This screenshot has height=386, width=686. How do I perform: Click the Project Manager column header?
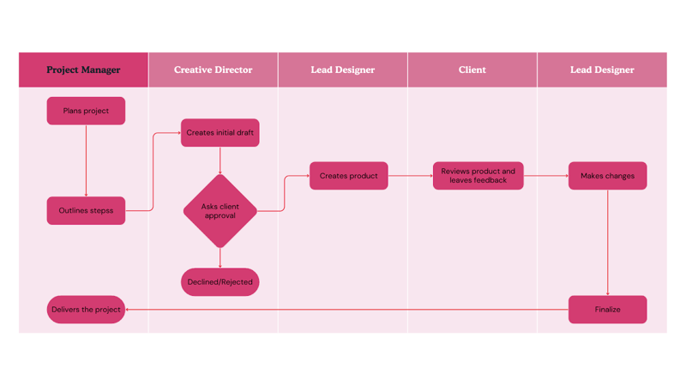coord(83,69)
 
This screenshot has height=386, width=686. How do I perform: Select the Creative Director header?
coord(213,69)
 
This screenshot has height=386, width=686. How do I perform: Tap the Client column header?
coord(472,69)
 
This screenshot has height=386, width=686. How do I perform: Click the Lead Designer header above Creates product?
coord(342,69)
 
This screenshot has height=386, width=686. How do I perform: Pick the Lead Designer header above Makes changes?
coord(602,69)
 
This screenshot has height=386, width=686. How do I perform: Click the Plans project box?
coord(86,111)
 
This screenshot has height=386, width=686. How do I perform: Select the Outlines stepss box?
coord(86,210)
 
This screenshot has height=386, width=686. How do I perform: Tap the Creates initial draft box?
coord(220,133)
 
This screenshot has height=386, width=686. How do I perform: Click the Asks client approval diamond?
coord(220,211)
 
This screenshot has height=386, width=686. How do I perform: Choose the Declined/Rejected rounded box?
coord(220,282)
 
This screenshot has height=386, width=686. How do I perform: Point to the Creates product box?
coord(348,176)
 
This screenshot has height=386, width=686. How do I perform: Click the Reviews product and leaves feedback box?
coord(478,176)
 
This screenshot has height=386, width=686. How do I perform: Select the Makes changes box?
coord(607,176)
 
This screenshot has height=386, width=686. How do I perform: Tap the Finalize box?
coord(607,310)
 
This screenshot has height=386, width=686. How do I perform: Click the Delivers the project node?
coord(86,310)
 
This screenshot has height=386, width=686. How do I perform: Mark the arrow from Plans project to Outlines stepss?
coord(87,160)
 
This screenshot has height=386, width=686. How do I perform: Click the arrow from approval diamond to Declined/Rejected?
coord(220,258)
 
